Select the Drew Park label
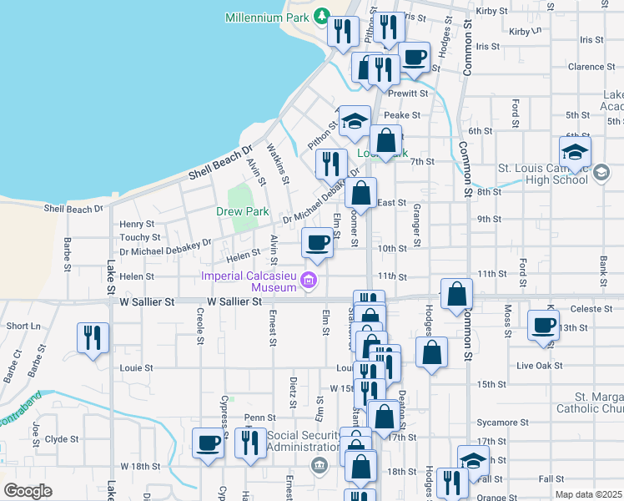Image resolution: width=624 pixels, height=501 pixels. pyautogui.click(x=242, y=212)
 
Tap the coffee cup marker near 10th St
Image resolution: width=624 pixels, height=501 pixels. pyautogui.click(x=317, y=243)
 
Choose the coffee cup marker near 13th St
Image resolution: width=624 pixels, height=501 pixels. pyautogui.click(x=544, y=325)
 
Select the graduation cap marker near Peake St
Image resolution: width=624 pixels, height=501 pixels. pyautogui.click(x=355, y=122)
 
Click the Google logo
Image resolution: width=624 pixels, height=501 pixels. pyautogui.click(x=27, y=491)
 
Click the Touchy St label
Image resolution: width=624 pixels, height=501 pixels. pyautogui.click(x=134, y=237)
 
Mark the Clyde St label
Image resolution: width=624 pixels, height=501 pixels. pyautogui.click(x=62, y=438)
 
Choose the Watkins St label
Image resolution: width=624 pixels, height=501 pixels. pyautogui.click(x=279, y=164)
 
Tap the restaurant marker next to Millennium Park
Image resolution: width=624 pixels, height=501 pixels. pyautogui.click(x=343, y=31)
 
